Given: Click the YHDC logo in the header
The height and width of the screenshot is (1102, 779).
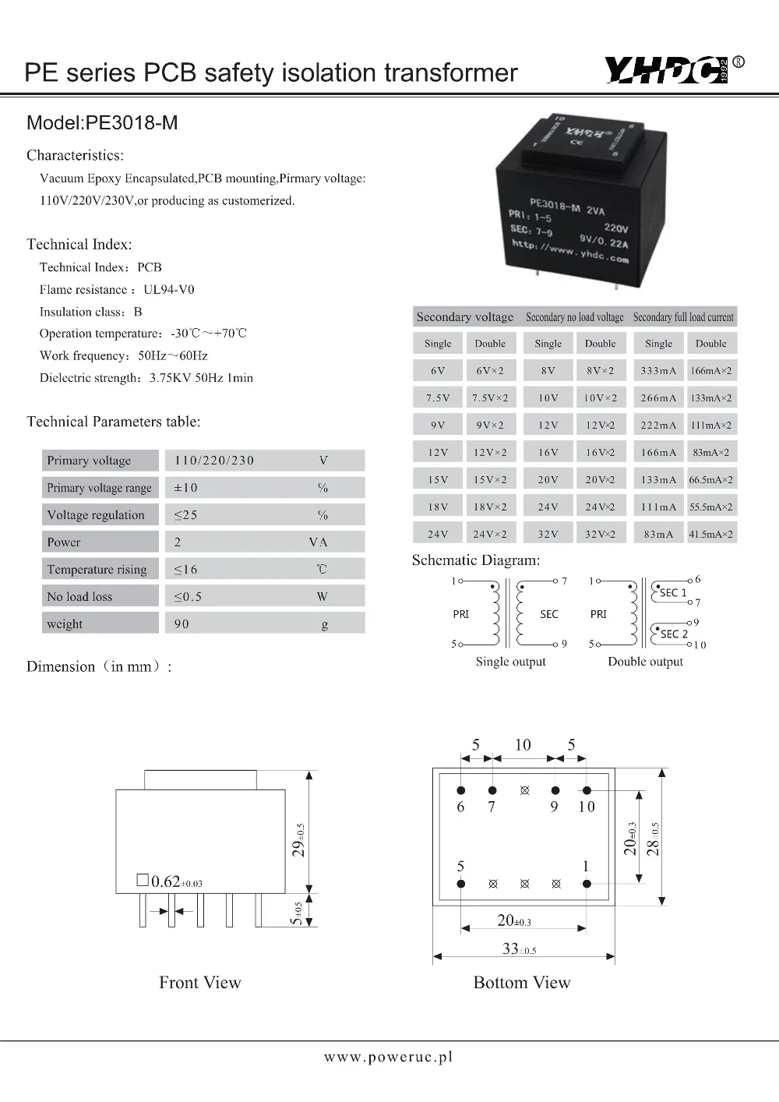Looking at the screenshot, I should coord(666,72).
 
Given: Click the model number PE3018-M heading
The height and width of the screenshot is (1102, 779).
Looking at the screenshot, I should coord(102,122).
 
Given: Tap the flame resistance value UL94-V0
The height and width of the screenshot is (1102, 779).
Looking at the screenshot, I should coord(169,289).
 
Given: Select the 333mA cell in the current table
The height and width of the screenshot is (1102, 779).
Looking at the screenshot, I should coord(658,371).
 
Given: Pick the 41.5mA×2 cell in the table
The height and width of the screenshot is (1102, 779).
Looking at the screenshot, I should coord(710,535).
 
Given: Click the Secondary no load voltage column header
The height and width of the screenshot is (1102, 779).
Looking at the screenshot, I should coord(574,317).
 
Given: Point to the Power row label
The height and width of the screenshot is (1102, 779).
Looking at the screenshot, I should coord(64,542).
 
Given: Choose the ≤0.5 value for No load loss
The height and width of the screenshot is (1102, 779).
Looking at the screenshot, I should coord(188,597).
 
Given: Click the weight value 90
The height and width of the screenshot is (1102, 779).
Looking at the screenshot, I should coord(182,624).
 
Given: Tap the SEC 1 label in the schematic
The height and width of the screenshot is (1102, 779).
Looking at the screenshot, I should coord(673,593).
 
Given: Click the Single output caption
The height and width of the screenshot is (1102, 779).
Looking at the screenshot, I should coord(510,662).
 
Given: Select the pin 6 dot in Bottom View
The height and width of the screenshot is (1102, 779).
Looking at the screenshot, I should coord(461,790).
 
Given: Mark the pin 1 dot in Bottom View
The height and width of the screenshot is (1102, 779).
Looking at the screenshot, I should coord(587,884).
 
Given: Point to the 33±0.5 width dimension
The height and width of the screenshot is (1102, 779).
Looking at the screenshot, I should coord(519,948).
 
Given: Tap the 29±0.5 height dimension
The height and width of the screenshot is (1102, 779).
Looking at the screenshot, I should coord(299,839).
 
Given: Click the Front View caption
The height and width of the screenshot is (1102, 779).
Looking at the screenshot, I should coord(200,983).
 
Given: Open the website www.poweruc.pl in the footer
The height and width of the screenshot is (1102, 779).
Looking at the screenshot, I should coord(388,1057).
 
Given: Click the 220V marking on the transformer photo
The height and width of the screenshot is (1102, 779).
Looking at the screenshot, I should coord(615,228).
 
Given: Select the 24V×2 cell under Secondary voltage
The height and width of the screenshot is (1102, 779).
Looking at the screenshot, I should coord(489,535).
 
